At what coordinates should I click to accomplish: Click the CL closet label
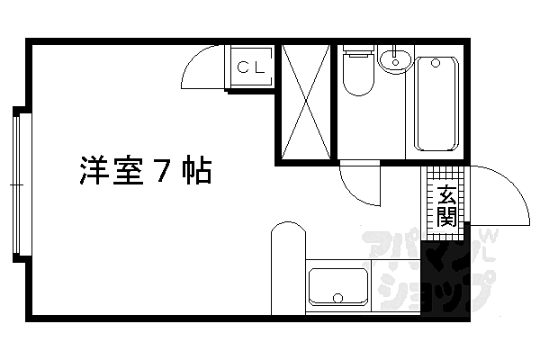(x=251, y=67)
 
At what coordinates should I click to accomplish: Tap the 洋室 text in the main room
(x=112, y=170)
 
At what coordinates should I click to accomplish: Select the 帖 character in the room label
(x=196, y=170)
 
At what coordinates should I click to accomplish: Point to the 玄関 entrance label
(x=446, y=206)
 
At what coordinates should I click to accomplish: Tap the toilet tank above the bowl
(x=358, y=49)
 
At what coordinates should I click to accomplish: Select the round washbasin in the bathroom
(x=395, y=60)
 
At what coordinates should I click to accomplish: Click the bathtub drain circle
(x=436, y=63)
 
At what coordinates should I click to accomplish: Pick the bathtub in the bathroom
(x=436, y=103)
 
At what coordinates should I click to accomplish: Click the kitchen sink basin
(x=338, y=286)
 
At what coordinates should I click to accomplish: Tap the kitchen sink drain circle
(x=338, y=298)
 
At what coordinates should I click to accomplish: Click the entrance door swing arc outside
(x=517, y=186)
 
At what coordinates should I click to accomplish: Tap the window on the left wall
(x=16, y=184)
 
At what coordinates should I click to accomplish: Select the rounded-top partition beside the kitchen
(x=288, y=268)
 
